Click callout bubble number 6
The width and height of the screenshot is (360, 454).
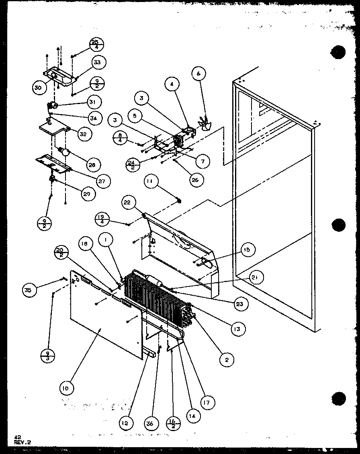198,74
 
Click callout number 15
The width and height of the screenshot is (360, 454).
246,250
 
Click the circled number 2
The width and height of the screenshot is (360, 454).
227,360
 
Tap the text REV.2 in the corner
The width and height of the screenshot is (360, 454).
22,442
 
